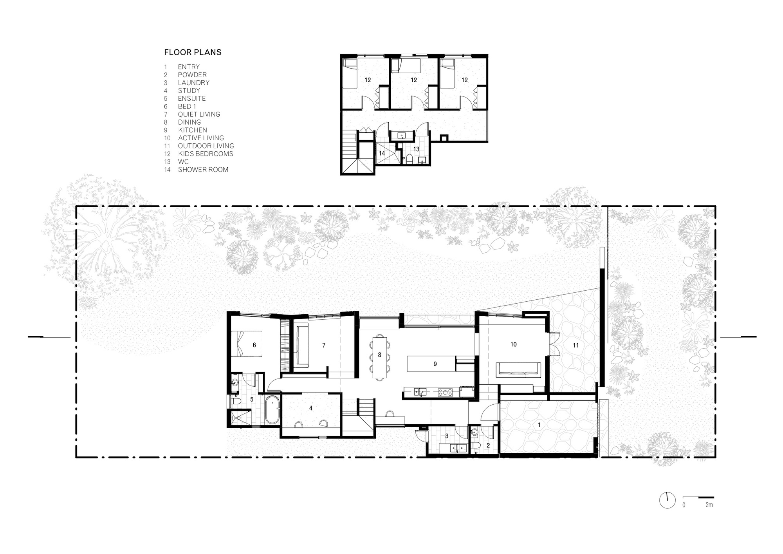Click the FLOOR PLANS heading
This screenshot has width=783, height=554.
pyautogui.click(x=193, y=52)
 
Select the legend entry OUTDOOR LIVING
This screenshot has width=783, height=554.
pyautogui.click(x=206, y=146)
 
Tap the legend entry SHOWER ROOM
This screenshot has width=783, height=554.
pyautogui.click(x=203, y=170)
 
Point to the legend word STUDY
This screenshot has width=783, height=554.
pyautogui.click(x=189, y=91)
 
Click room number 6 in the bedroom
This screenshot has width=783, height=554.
pyautogui.click(x=254, y=345)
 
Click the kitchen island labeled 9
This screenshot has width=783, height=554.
pyautogui.click(x=432, y=364)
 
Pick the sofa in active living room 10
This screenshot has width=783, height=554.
pyautogui.click(x=519, y=370)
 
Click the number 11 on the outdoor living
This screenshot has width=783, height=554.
pyautogui.click(x=576, y=345)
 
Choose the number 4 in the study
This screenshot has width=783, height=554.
pyautogui.click(x=311, y=408)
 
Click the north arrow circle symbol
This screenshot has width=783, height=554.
pyautogui.click(x=667, y=500)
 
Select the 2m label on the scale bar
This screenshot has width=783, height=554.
pyautogui.click(x=709, y=505)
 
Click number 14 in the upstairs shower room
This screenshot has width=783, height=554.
pyautogui.click(x=382, y=153)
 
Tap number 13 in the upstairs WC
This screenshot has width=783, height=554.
pyautogui.click(x=416, y=149)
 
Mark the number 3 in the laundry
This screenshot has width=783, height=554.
pyautogui.click(x=447, y=436)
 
